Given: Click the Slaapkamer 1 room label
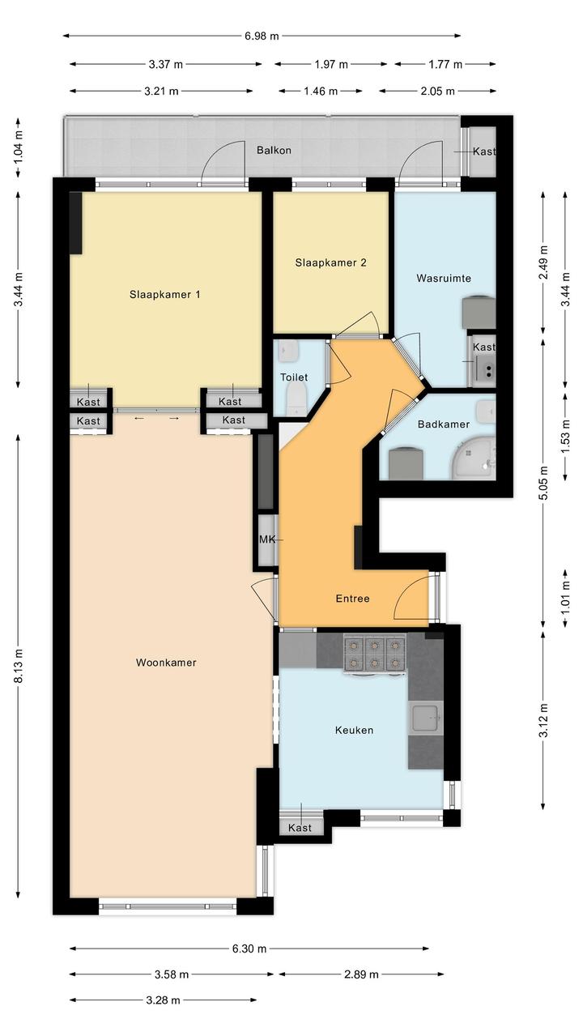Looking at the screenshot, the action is (164, 295).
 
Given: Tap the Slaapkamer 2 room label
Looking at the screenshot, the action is (330, 262).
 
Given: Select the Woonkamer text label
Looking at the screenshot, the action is (166, 663).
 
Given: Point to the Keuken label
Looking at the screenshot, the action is (354, 730).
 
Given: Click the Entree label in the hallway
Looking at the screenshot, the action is (352, 599).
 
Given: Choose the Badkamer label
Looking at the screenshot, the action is (444, 424).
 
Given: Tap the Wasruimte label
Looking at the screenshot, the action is (444, 278).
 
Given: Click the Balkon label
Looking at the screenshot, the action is (274, 150).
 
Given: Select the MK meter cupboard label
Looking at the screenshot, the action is (266, 539).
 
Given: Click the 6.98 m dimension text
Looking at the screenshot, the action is (262, 36).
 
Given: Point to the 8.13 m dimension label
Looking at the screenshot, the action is (18, 666).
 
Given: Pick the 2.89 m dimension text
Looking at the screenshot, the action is (361, 974).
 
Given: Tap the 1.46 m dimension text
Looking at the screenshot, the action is (321, 91).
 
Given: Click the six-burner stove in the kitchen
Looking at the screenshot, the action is (374, 654).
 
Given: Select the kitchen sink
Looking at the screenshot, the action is (425, 718).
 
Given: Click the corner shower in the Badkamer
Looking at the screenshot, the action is (473, 459).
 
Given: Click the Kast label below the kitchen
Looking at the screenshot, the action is (300, 827).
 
